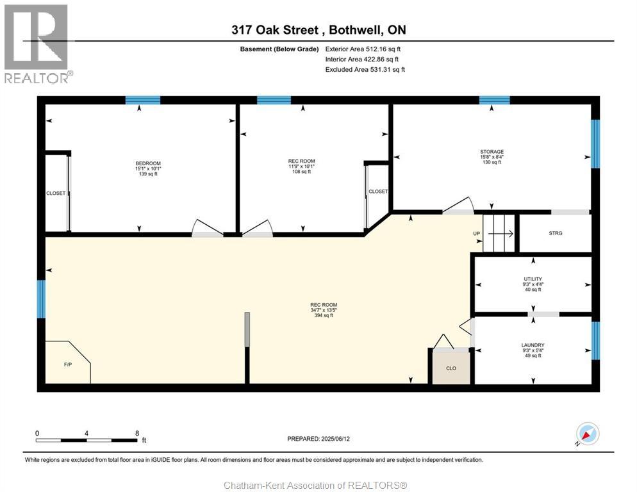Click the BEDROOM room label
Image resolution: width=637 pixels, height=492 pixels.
pyautogui.click(x=148, y=163)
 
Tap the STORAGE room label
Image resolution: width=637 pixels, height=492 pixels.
pyautogui.click(x=492, y=152)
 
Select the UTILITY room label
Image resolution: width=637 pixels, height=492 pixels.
pyautogui.click(x=533, y=279)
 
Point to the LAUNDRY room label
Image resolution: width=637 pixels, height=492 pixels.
pyautogui.click(x=533, y=345)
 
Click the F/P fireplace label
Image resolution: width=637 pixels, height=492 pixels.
pyautogui.click(x=68, y=365)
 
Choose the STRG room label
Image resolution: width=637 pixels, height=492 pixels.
pyautogui.click(x=556, y=233)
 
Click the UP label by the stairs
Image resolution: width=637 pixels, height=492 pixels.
pyautogui.click(x=477, y=234)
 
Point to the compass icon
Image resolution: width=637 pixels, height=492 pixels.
pyautogui.click(x=588, y=434)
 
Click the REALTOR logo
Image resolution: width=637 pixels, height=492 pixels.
pyautogui.click(x=37, y=44)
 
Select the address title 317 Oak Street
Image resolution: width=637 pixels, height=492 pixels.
pyautogui.click(x=275, y=30)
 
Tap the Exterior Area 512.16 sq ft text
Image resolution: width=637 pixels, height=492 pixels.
pyautogui.click(x=363, y=49)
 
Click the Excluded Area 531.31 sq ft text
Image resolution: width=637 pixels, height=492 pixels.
pyautogui.click(x=365, y=69)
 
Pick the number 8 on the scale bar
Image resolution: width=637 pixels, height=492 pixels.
pyautogui.click(x=137, y=433)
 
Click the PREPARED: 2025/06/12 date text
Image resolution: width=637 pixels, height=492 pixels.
pyautogui.click(x=318, y=439)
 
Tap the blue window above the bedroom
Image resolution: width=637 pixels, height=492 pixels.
pyautogui.click(x=143, y=100)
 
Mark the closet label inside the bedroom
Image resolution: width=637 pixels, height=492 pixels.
pyautogui.click(x=56, y=193)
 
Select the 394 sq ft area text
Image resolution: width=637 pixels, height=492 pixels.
pyautogui.click(x=324, y=315)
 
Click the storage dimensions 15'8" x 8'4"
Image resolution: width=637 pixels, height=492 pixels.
pyautogui.click(x=492, y=157)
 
